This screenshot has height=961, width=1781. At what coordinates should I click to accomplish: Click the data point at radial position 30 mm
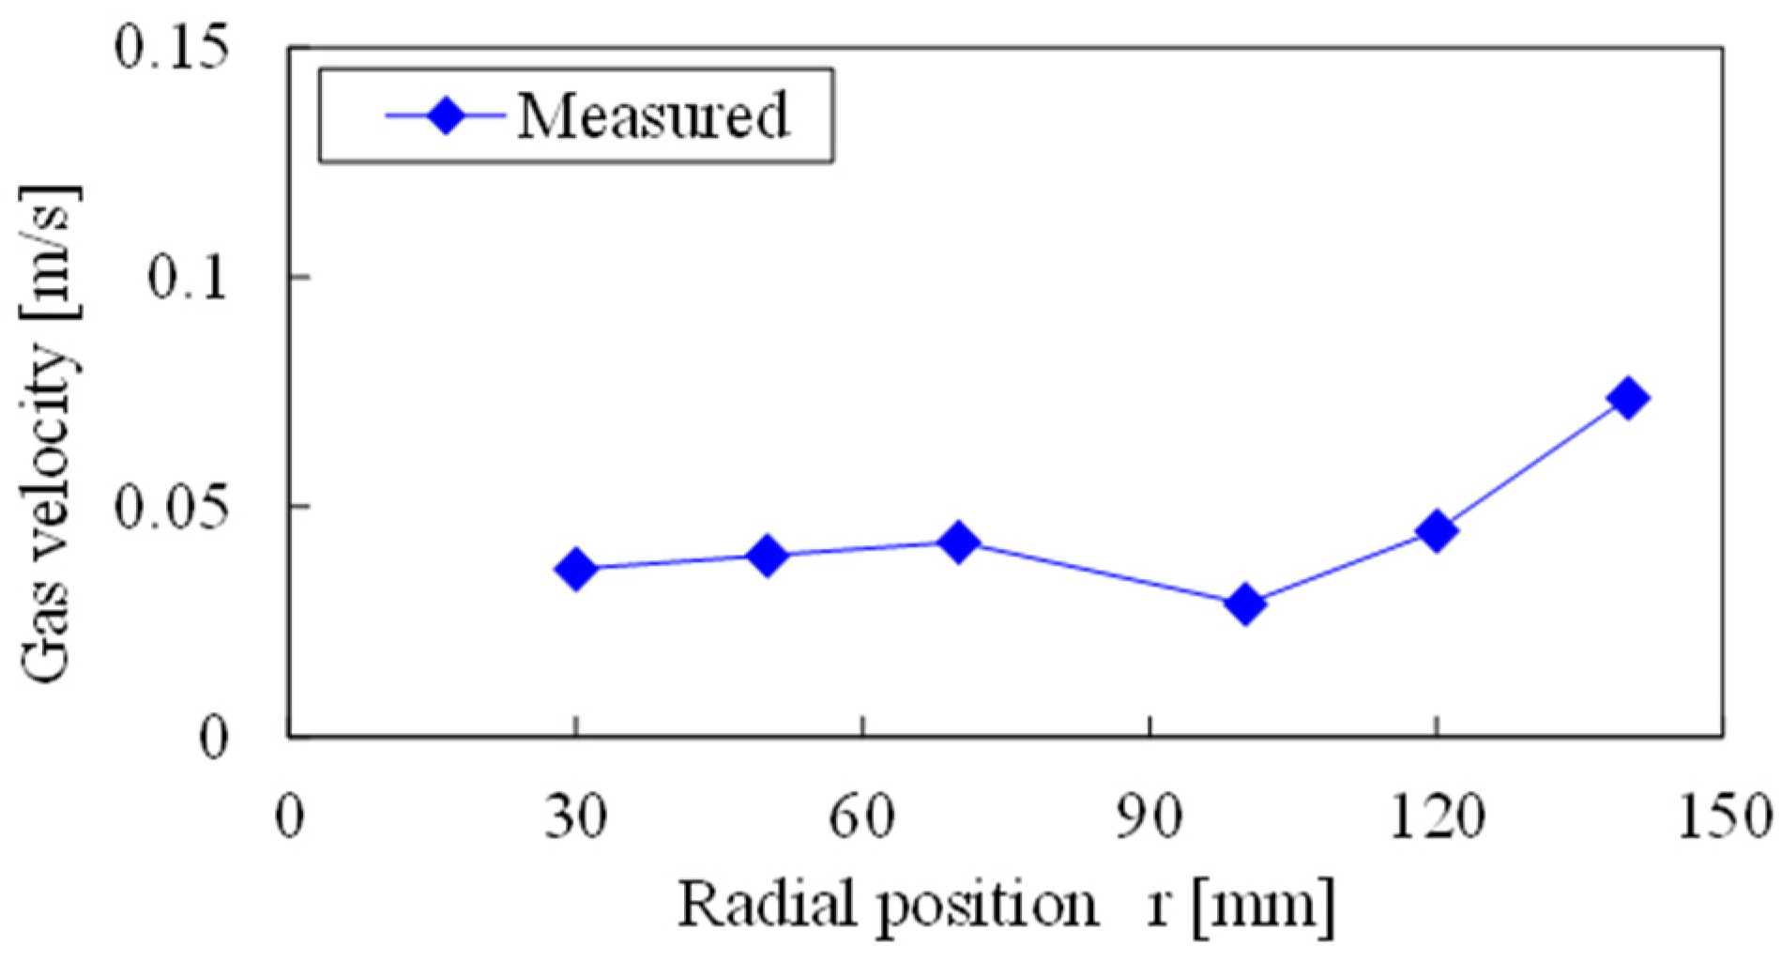[x=576, y=569]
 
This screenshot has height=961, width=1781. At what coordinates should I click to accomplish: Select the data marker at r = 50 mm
[x=768, y=556]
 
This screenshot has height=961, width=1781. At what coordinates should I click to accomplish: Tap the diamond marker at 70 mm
[x=958, y=542]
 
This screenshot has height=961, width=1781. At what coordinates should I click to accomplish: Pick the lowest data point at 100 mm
[x=1245, y=603]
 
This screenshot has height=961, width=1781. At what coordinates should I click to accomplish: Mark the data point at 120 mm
[x=1437, y=530]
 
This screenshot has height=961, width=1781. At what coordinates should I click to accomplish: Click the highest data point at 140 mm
[x=1628, y=398]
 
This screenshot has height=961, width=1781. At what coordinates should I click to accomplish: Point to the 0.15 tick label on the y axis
[x=172, y=47]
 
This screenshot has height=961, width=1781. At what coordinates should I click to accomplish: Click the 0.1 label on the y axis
[x=188, y=278]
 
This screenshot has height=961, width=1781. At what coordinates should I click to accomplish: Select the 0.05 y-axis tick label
[x=172, y=508]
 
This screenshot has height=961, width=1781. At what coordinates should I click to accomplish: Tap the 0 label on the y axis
[x=214, y=739]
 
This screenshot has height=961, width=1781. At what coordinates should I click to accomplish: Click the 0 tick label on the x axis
[x=290, y=817]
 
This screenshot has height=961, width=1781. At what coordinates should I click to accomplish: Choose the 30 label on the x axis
[x=576, y=817]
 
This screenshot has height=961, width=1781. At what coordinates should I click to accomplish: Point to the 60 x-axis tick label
[x=862, y=817]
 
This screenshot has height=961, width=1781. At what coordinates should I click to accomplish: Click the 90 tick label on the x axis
[x=1149, y=817]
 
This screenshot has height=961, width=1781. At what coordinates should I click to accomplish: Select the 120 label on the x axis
[x=1436, y=817]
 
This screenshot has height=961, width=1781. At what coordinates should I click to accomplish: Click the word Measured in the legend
[x=653, y=116]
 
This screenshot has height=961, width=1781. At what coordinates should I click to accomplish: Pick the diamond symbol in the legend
[x=447, y=116]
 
